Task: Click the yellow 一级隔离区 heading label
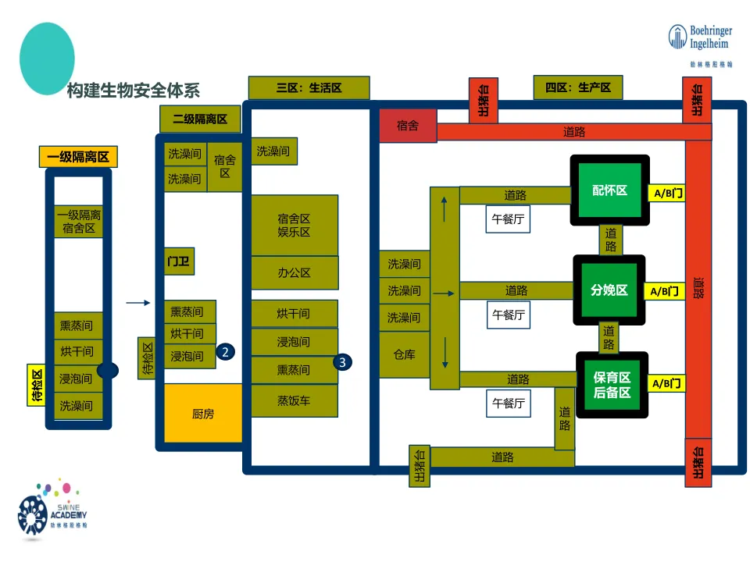tap(78, 157)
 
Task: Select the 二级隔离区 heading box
tap(200, 119)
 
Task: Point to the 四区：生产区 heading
tap(578, 87)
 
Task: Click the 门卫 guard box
tap(178, 261)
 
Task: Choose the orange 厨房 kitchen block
tap(203, 414)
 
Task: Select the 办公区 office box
tap(295, 272)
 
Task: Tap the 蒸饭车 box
tap(295, 400)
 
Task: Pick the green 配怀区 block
tap(610, 190)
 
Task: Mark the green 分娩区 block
tap(609, 290)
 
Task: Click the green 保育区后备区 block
tap(612, 385)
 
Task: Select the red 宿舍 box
tap(408, 125)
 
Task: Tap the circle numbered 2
tap(225, 352)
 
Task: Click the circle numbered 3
tap(342, 362)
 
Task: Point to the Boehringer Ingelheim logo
tap(700, 43)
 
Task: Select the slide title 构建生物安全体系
tap(134, 91)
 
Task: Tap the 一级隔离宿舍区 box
tap(79, 222)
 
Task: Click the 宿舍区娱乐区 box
tap(295, 225)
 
